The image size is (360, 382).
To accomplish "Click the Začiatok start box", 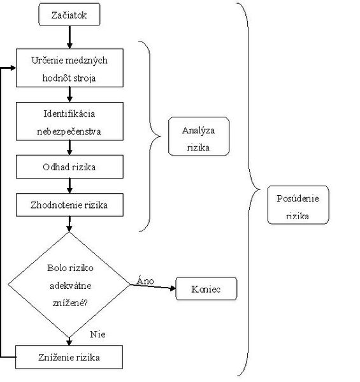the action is click(x=69, y=15).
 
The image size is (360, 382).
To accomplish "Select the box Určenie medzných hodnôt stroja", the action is click(x=69, y=68).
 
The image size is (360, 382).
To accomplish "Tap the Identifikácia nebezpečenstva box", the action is click(x=69, y=121).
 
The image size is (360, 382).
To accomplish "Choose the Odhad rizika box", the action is click(x=69, y=166).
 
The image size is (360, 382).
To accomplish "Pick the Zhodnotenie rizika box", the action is click(x=69, y=205).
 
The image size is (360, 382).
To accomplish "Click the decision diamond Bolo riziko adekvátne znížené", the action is click(x=69, y=284).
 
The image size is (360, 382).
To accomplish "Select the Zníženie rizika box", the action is click(x=69, y=357).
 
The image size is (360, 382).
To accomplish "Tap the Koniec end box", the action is click(x=206, y=288).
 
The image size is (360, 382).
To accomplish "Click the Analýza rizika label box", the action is click(x=199, y=136).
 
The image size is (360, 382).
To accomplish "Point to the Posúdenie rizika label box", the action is click(x=298, y=205).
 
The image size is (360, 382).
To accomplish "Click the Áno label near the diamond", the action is click(x=145, y=281).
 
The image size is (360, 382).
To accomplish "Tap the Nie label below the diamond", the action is click(x=97, y=334).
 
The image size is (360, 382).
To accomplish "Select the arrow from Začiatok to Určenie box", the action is click(x=69, y=37).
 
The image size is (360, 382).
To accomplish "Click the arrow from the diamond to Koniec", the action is click(x=153, y=287).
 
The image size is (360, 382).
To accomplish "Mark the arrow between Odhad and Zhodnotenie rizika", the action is click(x=69, y=186).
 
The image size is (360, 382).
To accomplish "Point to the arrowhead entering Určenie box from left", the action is click(x=13, y=68).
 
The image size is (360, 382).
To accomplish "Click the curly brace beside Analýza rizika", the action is click(x=150, y=136).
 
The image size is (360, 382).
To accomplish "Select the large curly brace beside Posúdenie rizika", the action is click(x=248, y=189).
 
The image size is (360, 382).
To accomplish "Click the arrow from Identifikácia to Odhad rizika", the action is click(x=69, y=148).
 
